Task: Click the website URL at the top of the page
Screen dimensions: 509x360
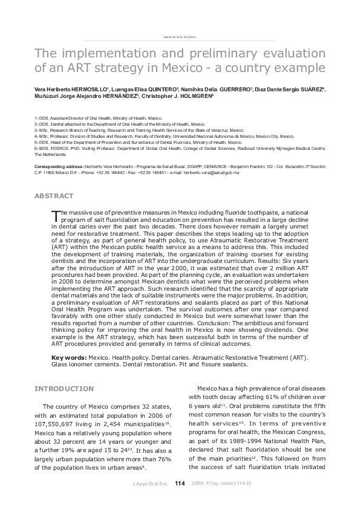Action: click(180, 37)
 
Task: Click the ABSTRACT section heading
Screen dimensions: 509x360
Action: click(54, 196)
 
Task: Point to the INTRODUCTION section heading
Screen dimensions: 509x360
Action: click(64, 388)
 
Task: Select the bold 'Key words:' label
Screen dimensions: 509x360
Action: click(69, 358)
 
